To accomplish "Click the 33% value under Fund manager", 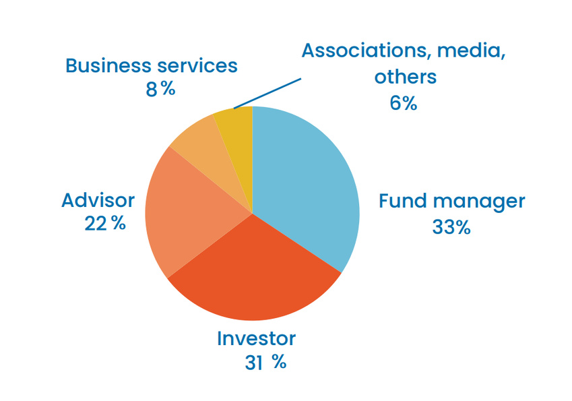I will point(451,227).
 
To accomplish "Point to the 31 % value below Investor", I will point(265,363).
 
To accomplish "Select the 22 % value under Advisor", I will point(105,223).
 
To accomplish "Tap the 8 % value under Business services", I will point(160,88).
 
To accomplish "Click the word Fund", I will point(402,201).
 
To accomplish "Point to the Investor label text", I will point(256,338).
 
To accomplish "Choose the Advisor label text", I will point(98,199).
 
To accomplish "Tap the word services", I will point(200,65).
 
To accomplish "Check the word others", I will point(406,77).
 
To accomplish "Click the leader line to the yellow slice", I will point(267,93).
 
